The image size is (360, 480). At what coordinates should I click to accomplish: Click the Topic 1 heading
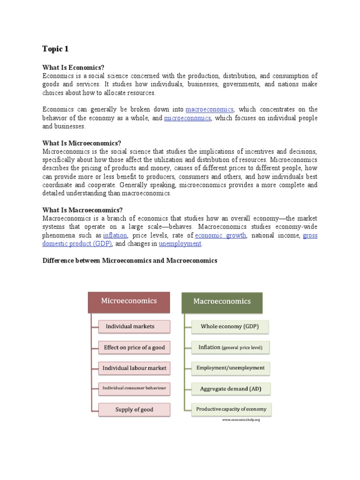click(55, 49)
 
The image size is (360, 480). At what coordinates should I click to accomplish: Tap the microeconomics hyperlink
click(187, 118)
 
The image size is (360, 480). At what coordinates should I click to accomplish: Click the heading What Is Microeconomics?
click(82, 143)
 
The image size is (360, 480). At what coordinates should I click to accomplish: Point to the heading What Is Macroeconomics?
click(82, 210)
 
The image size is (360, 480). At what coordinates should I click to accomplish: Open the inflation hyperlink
click(115, 235)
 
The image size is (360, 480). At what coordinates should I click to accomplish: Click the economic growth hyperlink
click(220, 235)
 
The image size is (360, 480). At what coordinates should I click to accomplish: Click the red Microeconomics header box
click(129, 301)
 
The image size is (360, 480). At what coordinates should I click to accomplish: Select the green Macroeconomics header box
click(222, 302)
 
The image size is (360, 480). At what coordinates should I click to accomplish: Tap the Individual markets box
click(134, 326)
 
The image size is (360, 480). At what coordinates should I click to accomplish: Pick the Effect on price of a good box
click(134, 348)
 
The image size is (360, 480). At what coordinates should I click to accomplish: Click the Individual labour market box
click(134, 368)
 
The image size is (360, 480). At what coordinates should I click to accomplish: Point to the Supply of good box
click(134, 409)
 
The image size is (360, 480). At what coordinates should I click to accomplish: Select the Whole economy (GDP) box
click(229, 326)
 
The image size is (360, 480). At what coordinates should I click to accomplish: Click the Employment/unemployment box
click(230, 368)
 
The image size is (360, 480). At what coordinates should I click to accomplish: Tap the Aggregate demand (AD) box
click(230, 389)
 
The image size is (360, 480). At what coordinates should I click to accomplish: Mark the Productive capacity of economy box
click(231, 409)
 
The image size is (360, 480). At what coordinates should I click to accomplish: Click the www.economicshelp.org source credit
click(241, 420)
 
